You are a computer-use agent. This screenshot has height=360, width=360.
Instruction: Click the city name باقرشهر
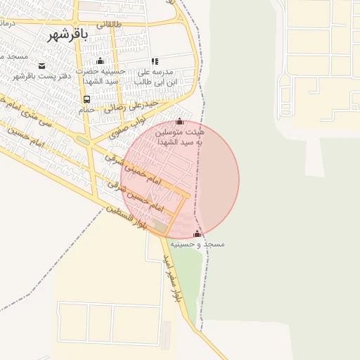click(x=67, y=35)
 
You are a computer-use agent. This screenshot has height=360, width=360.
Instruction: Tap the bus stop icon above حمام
click(x=86, y=99)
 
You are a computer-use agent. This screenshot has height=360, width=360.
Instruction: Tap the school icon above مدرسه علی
click(x=154, y=61)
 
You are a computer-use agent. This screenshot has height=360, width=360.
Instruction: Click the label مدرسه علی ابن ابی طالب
click(x=154, y=76)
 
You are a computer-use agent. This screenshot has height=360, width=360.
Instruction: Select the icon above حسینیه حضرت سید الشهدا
click(x=99, y=61)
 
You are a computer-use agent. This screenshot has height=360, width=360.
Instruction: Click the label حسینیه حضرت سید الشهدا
click(x=99, y=76)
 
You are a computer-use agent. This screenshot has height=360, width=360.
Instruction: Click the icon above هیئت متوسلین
click(x=180, y=121)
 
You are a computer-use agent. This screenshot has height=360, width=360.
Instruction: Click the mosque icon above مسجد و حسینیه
click(x=197, y=233)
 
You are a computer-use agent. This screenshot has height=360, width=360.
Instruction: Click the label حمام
click(x=86, y=110)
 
